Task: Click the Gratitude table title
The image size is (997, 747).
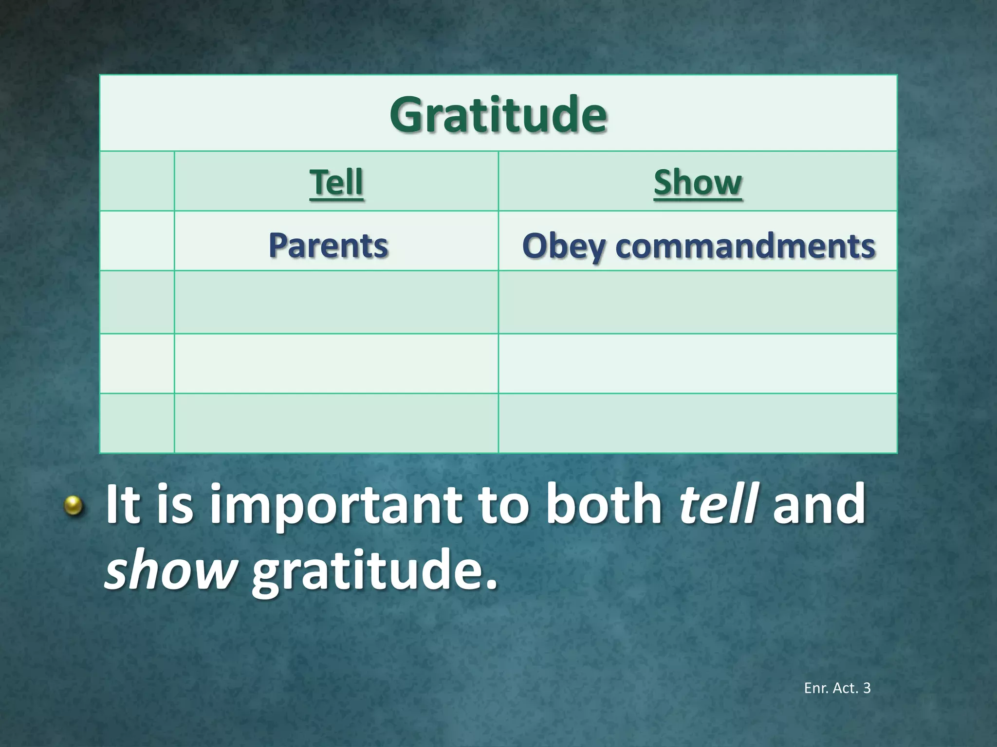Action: pos(498,115)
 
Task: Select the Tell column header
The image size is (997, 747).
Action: pos(336,182)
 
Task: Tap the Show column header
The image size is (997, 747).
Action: pos(698,182)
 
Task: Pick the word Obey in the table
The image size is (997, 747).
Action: pos(563,246)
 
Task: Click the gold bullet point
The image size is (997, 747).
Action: pos(74,505)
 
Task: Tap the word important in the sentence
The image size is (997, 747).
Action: pos(336,506)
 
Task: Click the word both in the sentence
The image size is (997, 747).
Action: pos(604,504)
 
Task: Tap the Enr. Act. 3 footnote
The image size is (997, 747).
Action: pos(837,688)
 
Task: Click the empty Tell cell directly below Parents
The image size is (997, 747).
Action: pos(336,302)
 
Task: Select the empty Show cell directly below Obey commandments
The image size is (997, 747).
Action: pos(698,302)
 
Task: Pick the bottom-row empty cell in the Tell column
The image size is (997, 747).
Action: pos(336,423)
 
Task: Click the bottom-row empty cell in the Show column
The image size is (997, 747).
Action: pos(698,423)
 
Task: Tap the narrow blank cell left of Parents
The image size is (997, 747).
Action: pos(137,241)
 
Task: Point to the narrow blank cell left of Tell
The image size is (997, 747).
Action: pos(137,181)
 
